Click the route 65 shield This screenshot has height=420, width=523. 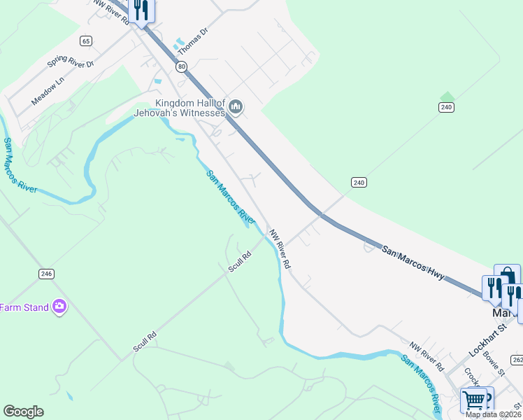tap(85, 41)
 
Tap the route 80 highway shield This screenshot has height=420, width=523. tap(181, 66)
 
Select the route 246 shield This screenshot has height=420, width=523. tap(46, 274)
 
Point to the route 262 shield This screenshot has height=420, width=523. tap(517, 360)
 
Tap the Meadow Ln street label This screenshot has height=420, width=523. tap(48, 92)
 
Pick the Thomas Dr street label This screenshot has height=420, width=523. tap(193, 41)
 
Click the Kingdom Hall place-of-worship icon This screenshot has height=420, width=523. tap(236, 107)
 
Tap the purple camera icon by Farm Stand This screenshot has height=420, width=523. tap(59, 307)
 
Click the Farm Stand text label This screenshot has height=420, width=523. tap(24, 307)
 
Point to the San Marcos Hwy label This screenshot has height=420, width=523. tap(413, 262)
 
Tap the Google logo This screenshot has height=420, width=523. tap(23, 412)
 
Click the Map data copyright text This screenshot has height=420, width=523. tap(492, 414)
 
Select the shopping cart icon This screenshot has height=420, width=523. tap(473, 400)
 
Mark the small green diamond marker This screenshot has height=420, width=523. tap(447, 96)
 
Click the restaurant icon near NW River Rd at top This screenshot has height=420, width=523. tap(141, 10)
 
